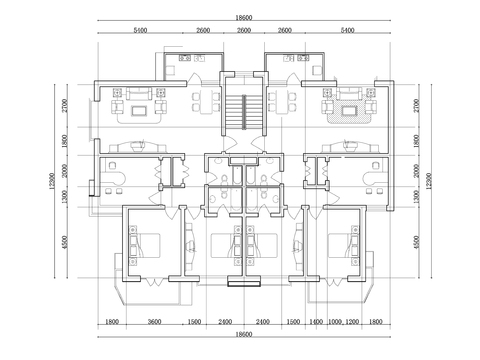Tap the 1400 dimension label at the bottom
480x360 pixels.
(x=316, y=322)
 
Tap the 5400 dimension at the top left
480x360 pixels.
(x=140, y=31)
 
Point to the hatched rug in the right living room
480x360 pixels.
(x=349, y=102)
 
